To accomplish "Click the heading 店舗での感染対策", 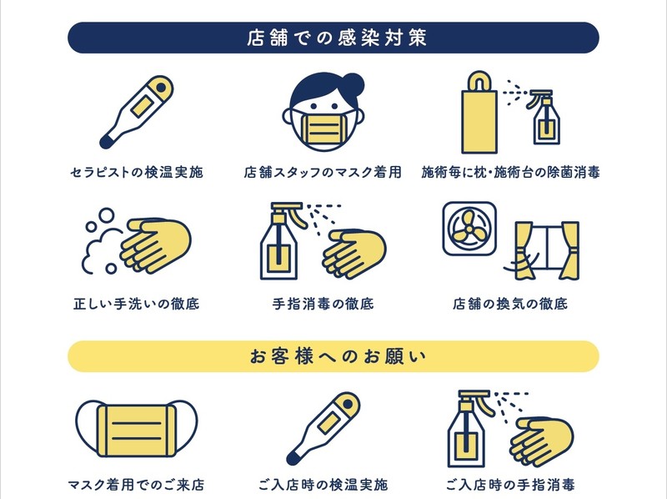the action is [x=337, y=38].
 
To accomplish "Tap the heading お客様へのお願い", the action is [x=338, y=356].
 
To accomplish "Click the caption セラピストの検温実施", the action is [x=137, y=172].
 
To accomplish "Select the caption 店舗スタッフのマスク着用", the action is [x=323, y=172].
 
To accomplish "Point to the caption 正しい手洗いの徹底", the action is [x=136, y=304].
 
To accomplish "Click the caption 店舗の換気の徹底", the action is [x=510, y=304].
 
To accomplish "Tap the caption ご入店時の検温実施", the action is [x=323, y=484].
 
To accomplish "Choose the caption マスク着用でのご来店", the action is [x=136, y=484].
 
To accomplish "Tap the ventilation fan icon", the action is [x=469, y=229].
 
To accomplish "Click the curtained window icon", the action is [x=547, y=251].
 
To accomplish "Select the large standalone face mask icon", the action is [x=137, y=429].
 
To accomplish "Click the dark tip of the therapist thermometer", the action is [x=107, y=141].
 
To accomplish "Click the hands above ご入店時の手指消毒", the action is [x=542, y=441].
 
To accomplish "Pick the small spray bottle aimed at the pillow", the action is [x=544, y=117].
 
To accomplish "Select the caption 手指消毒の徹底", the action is [x=323, y=304].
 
